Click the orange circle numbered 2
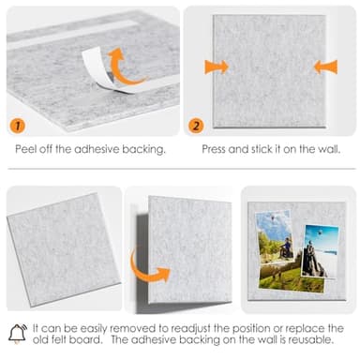pyautogui.click(x=196, y=125)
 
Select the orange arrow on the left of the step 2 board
pyautogui.click(x=216, y=67)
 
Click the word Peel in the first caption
pyautogui.click(x=27, y=149)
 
